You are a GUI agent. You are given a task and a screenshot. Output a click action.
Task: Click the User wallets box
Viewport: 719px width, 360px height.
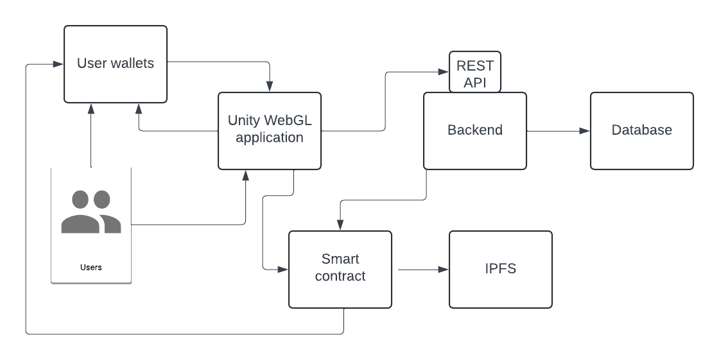point(116,64)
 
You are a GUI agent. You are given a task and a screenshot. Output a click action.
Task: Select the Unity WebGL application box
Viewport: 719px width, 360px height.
point(269,131)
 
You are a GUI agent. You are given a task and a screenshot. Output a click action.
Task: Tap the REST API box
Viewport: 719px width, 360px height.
point(474,73)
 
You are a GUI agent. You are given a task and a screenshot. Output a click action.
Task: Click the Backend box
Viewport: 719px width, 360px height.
point(474,131)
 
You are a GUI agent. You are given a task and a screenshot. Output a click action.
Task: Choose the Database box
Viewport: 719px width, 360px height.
point(641,131)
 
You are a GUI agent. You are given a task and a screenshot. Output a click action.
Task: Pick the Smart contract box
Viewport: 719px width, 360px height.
point(340,269)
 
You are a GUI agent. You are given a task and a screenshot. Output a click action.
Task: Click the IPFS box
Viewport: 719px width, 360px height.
point(500,269)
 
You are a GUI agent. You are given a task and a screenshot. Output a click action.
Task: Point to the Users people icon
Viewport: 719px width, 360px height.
point(91,212)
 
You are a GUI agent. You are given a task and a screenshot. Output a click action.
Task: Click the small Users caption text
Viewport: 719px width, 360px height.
point(91,267)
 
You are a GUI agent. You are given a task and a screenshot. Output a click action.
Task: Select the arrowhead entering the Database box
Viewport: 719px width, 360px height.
point(585,131)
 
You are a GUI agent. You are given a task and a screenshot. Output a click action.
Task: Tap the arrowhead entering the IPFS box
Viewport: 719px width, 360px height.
point(444,270)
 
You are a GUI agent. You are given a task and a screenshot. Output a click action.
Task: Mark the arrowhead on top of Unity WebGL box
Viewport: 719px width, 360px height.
point(270,87)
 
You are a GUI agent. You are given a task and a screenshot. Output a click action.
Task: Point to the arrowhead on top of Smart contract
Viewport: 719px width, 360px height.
point(340,225)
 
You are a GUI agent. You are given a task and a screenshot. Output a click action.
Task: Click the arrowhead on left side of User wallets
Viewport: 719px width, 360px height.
point(58,64)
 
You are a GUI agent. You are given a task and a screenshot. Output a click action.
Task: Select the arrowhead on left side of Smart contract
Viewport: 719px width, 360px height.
point(283,270)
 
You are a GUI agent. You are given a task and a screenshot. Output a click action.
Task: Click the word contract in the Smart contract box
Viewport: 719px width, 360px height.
point(340,277)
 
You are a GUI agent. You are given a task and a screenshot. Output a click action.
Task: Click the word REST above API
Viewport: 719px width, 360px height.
point(475,66)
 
